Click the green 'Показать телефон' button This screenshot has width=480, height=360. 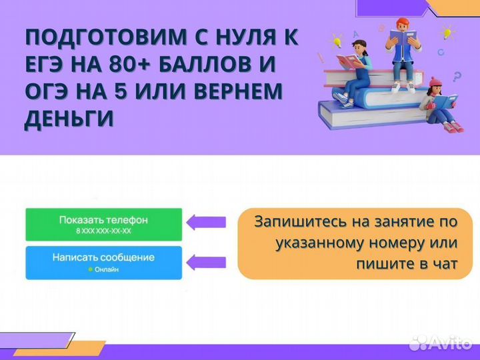[x=103, y=224]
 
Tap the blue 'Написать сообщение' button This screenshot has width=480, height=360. [x=103, y=262]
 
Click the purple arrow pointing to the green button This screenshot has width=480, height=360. [x=207, y=222]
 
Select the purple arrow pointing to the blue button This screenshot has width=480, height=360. [x=207, y=261]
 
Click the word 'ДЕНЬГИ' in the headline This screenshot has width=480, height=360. [x=69, y=117]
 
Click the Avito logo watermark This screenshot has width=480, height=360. [x=441, y=342]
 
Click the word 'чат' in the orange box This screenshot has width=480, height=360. [x=443, y=263]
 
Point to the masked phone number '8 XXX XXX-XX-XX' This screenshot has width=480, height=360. [x=103, y=231]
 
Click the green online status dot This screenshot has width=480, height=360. [x=90, y=270]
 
